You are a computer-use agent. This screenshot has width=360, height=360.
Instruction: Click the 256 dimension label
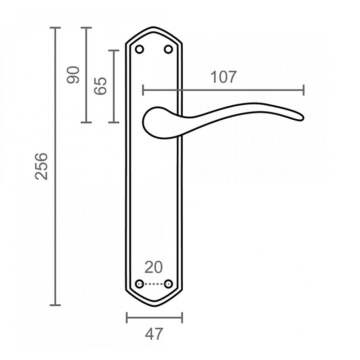click(41, 166)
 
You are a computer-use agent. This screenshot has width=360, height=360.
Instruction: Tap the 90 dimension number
click(73, 75)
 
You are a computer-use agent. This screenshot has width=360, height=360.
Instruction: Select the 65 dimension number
click(100, 85)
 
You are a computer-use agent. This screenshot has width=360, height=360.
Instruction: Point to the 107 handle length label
click(223, 77)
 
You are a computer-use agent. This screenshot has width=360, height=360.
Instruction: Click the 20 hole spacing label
click(153, 267)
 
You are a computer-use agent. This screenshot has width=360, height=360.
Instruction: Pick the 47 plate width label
click(154, 334)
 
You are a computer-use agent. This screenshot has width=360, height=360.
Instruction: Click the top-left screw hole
click(139, 49)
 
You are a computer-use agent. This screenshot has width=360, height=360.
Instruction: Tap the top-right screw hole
click(168, 49)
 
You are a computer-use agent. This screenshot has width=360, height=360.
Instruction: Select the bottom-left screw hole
click(139, 284)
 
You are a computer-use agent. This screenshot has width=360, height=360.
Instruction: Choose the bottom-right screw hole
click(168, 284)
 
